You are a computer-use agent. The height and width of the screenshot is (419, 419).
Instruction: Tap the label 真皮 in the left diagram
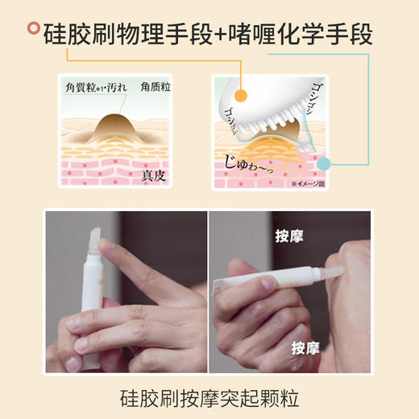click(x=154, y=173)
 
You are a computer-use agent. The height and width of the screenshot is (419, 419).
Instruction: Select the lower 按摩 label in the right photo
click(x=306, y=348)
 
